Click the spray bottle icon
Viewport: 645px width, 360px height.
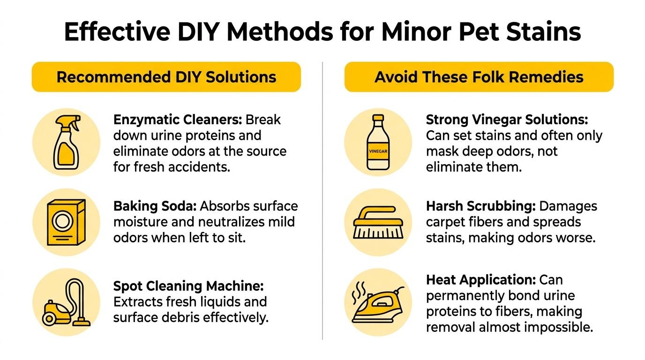click(x=66, y=142)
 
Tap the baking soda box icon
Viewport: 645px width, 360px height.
click(x=66, y=222)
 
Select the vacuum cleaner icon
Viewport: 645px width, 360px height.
click(x=66, y=303)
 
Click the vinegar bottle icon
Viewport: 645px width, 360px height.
click(x=378, y=142)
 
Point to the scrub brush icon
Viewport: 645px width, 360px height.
click(x=377, y=222)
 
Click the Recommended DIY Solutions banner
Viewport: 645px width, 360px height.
click(x=166, y=77)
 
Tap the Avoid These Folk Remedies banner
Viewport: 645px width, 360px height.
click(x=479, y=77)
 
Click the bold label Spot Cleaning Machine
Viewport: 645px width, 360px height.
click(x=188, y=286)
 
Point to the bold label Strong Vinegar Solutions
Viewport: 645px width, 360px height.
click(x=507, y=120)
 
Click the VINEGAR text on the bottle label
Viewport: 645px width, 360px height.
click(x=378, y=151)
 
